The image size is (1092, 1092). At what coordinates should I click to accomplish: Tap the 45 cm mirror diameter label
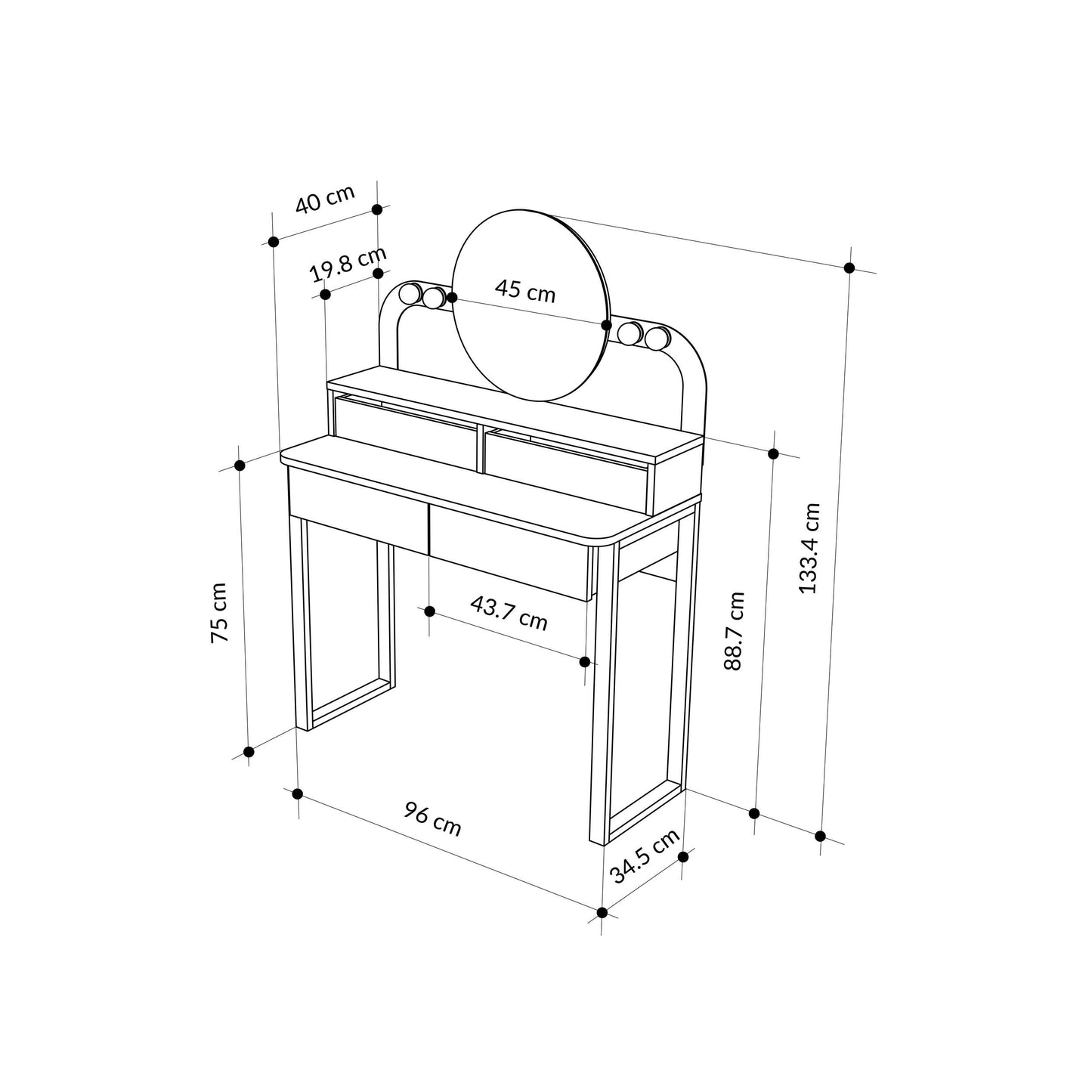click(x=525, y=290)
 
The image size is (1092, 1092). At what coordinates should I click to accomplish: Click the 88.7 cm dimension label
click(x=734, y=631)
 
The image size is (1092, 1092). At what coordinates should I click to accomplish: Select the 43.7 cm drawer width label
click(x=509, y=613)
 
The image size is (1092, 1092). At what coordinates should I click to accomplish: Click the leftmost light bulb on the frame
click(x=411, y=293)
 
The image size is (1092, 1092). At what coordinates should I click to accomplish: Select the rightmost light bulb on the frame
click(x=657, y=337)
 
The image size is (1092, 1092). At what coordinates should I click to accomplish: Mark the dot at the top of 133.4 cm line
click(x=849, y=268)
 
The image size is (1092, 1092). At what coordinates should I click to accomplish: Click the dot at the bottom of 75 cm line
click(x=248, y=752)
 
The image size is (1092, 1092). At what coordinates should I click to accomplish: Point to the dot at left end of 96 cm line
click(x=298, y=793)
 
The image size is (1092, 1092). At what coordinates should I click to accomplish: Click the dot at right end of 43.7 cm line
click(x=584, y=662)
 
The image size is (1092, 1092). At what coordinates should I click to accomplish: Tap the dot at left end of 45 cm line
click(x=452, y=298)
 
